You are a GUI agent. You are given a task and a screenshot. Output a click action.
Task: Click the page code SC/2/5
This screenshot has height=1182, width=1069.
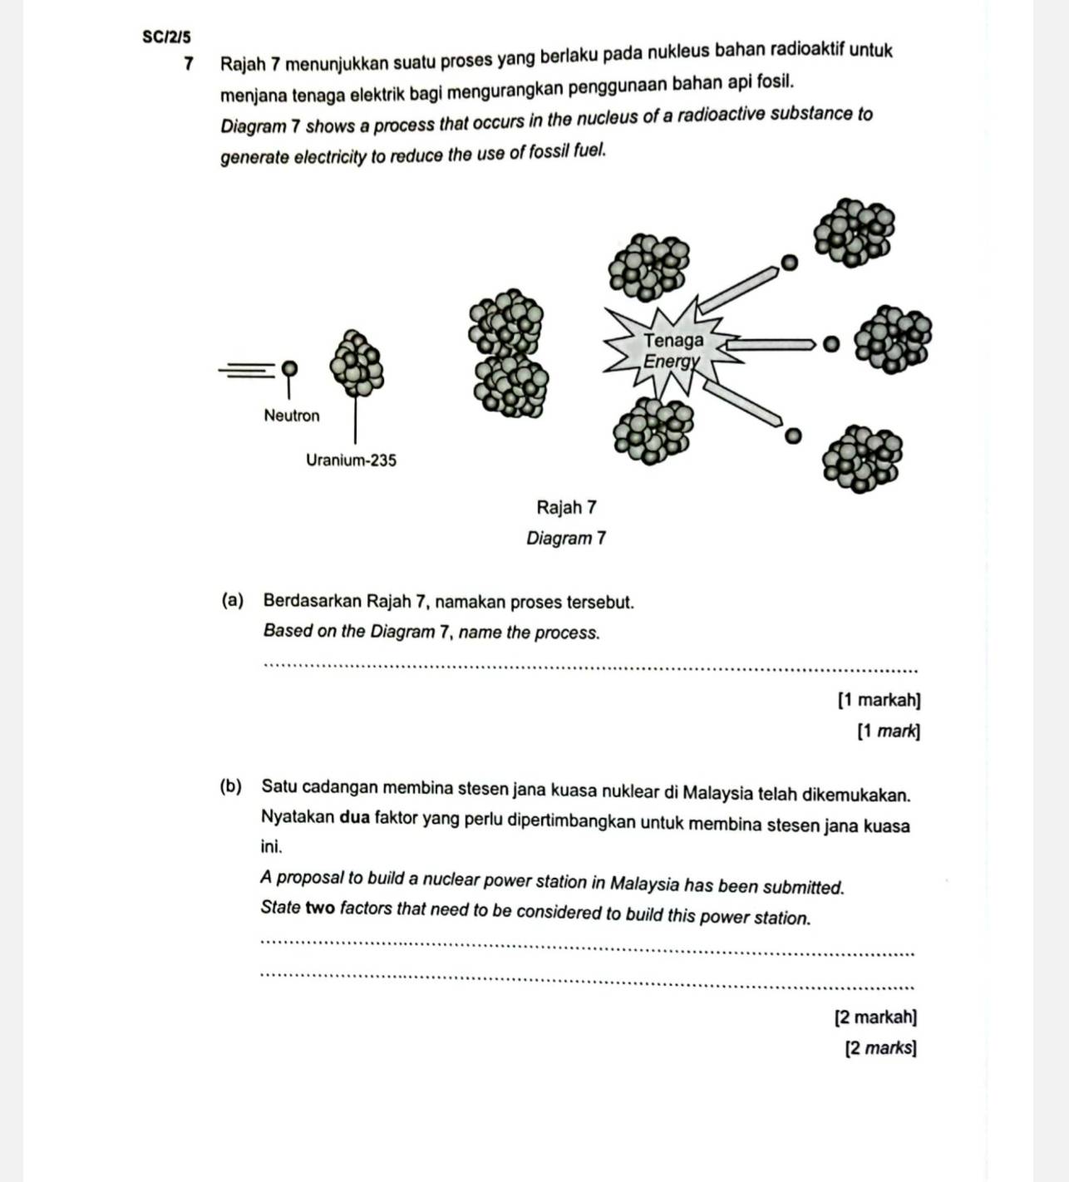tap(166, 37)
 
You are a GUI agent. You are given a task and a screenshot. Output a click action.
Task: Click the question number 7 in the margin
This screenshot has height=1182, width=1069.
tap(190, 64)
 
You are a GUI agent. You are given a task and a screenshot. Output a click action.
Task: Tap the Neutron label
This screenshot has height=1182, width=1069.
tap(291, 415)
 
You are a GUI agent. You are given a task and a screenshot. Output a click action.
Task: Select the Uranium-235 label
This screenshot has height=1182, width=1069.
tap(351, 460)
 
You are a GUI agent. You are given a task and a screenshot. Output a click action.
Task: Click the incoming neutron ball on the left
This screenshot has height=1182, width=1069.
tap(288, 367)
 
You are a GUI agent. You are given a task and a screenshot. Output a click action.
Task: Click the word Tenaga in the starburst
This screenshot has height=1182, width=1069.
tap(673, 340)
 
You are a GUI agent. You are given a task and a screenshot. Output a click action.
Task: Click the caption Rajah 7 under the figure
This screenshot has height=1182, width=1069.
tap(567, 507)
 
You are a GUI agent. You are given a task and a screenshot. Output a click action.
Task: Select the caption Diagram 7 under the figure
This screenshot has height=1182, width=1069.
tap(567, 538)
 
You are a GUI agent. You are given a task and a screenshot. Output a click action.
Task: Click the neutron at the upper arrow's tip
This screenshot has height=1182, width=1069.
tap(790, 263)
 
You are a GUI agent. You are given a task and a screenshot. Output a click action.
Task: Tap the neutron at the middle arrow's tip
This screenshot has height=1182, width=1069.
tap(828, 343)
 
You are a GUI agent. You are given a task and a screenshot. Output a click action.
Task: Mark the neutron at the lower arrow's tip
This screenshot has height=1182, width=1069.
tap(792, 435)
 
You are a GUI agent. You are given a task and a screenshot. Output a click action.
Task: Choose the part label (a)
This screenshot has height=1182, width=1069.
tap(233, 601)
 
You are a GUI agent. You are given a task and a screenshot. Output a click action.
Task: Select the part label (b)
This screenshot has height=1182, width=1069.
tap(232, 786)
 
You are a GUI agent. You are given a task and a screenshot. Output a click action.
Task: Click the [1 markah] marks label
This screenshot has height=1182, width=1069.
tap(879, 700)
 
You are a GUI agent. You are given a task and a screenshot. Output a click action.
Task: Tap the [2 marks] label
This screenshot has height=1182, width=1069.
tap(880, 1048)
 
